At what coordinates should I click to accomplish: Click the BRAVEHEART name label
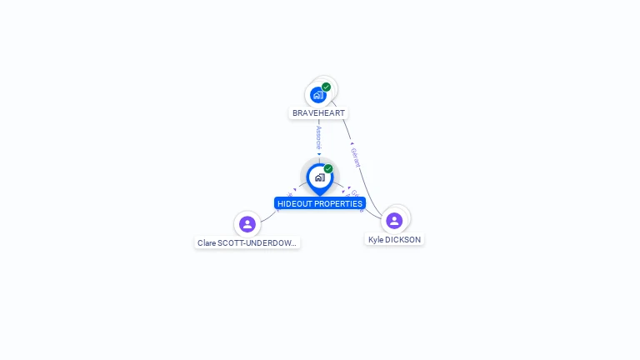coord(318,112)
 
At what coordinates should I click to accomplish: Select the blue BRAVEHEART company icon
coord(317,95)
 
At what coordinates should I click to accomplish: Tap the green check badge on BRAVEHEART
coord(327,87)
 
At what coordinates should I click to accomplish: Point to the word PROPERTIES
coord(338,203)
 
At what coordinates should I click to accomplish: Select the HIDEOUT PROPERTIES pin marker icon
coord(319,177)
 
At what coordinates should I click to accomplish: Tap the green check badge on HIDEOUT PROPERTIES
coord(328,169)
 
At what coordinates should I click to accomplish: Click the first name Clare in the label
coord(207,243)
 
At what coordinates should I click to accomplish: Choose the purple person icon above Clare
coord(247,224)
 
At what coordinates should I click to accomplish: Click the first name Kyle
coord(377,240)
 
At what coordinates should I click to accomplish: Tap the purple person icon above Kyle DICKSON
coord(394,221)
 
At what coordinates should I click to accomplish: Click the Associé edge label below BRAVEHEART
coord(319,137)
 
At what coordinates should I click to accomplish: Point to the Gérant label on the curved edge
coord(356,157)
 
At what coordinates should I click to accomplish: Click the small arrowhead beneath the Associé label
coord(319,153)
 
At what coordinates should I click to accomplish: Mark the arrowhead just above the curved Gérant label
coord(352,143)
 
